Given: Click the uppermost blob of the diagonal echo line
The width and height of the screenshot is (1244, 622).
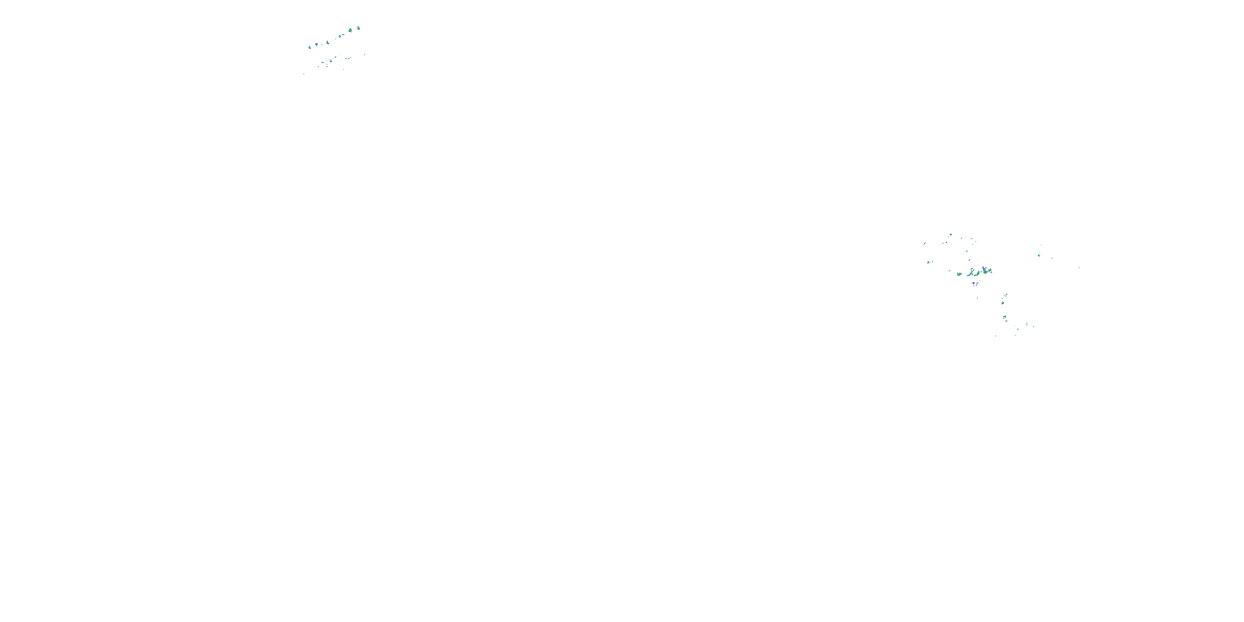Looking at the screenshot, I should (358, 29).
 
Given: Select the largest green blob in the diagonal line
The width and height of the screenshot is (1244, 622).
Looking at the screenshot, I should (350, 30).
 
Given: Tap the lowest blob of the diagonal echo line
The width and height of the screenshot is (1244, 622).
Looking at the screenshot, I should (310, 47).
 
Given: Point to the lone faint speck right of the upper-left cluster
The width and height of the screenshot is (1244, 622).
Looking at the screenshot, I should (365, 55).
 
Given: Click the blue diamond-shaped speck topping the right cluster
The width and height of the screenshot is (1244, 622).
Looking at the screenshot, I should (950, 235).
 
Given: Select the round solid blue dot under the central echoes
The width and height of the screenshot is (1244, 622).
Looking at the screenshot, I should (972, 284).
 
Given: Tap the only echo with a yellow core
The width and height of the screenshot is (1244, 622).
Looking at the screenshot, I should (1004, 317).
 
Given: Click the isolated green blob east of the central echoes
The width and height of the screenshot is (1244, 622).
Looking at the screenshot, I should (1039, 255).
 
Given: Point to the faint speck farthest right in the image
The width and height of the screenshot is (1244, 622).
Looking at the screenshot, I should (1079, 267).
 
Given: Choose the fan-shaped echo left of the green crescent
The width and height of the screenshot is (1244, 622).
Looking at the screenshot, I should (959, 274).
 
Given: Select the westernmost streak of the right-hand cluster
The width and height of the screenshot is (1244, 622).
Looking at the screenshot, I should (925, 243).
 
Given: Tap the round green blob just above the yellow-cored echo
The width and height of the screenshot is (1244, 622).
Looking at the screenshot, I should (1003, 303).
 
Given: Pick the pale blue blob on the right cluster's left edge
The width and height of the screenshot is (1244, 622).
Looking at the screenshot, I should (928, 262).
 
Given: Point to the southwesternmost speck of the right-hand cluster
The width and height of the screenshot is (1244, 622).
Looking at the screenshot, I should (995, 335).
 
